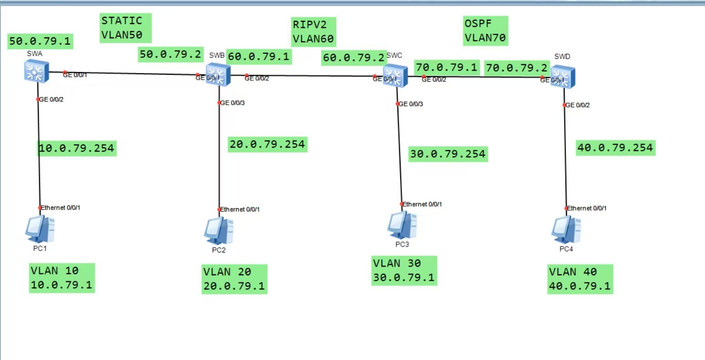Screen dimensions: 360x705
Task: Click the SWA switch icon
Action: pos(36,71)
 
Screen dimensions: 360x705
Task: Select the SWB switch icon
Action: pos(218,74)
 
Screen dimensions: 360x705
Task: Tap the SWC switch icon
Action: pos(395,76)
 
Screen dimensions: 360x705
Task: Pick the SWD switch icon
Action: pos(562,77)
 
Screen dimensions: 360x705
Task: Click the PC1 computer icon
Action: pos(40,229)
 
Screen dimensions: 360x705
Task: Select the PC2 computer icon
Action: pos(219,231)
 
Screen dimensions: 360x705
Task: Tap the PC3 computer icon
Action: pos(402,225)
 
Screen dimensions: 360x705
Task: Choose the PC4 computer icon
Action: pos(566,229)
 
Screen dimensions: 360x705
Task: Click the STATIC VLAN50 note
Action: pos(125,28)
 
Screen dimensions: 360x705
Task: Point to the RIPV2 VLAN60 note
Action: pos(314,32)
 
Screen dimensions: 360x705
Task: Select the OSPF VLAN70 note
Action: pos(485,31)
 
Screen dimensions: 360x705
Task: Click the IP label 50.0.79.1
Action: pos(40,41)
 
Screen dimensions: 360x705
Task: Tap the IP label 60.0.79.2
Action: pos(354,58)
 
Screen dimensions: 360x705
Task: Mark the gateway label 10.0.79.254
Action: pos(77,148)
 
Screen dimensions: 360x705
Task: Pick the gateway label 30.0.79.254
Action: pos(448,154)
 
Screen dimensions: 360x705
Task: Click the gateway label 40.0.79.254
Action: pos(615,148)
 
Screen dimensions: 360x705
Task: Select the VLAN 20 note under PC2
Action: pos(234,279)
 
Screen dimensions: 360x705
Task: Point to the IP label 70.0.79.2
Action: pos(517,68)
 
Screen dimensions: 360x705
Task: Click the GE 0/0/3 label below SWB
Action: pos(233,103)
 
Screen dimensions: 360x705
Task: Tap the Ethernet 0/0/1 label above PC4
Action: pos(587,208)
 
